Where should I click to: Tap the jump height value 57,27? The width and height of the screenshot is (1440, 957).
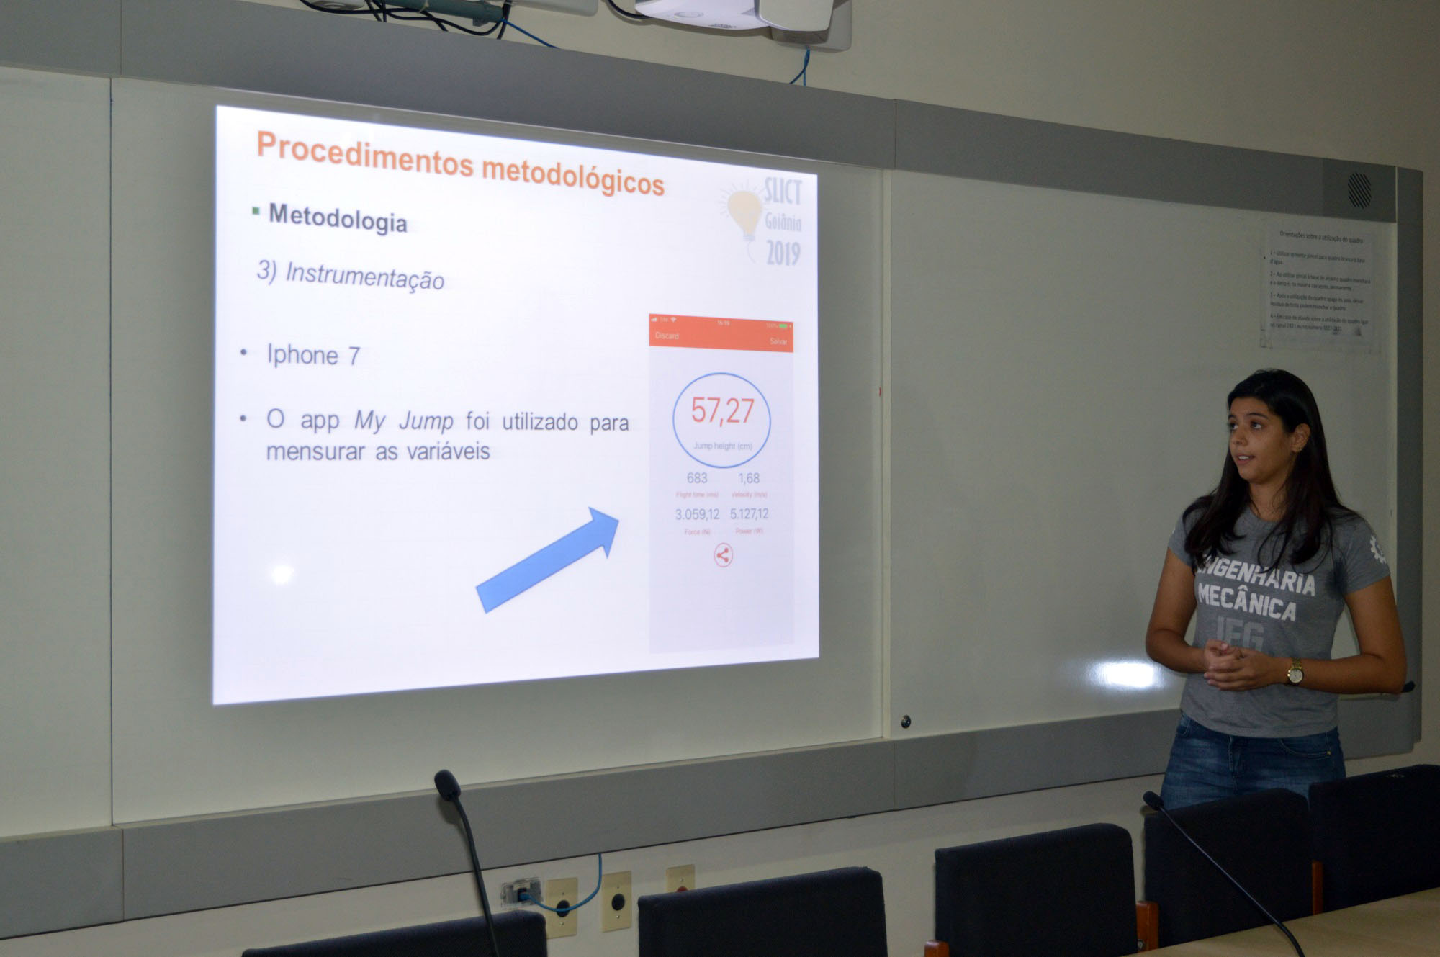point(722,410)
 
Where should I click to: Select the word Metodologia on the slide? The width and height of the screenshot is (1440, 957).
point(338,217)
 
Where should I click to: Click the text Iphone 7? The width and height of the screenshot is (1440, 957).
point(313,355)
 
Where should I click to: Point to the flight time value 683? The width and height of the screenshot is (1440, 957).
point(697,478)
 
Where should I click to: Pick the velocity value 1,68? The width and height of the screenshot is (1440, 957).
point(749,478)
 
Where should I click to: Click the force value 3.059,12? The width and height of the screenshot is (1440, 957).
point(697,514)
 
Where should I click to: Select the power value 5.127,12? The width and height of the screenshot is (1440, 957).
point(749,514)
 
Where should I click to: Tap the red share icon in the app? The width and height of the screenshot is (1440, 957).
point(723,555)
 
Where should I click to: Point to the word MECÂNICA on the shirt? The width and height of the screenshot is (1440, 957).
point(1246,603)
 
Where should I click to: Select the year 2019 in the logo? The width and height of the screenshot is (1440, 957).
point(783,253)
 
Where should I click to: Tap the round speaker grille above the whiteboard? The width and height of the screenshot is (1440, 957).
point(1359,190)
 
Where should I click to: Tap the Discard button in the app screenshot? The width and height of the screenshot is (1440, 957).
point(667,336)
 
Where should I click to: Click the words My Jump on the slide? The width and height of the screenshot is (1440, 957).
point(403,421)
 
